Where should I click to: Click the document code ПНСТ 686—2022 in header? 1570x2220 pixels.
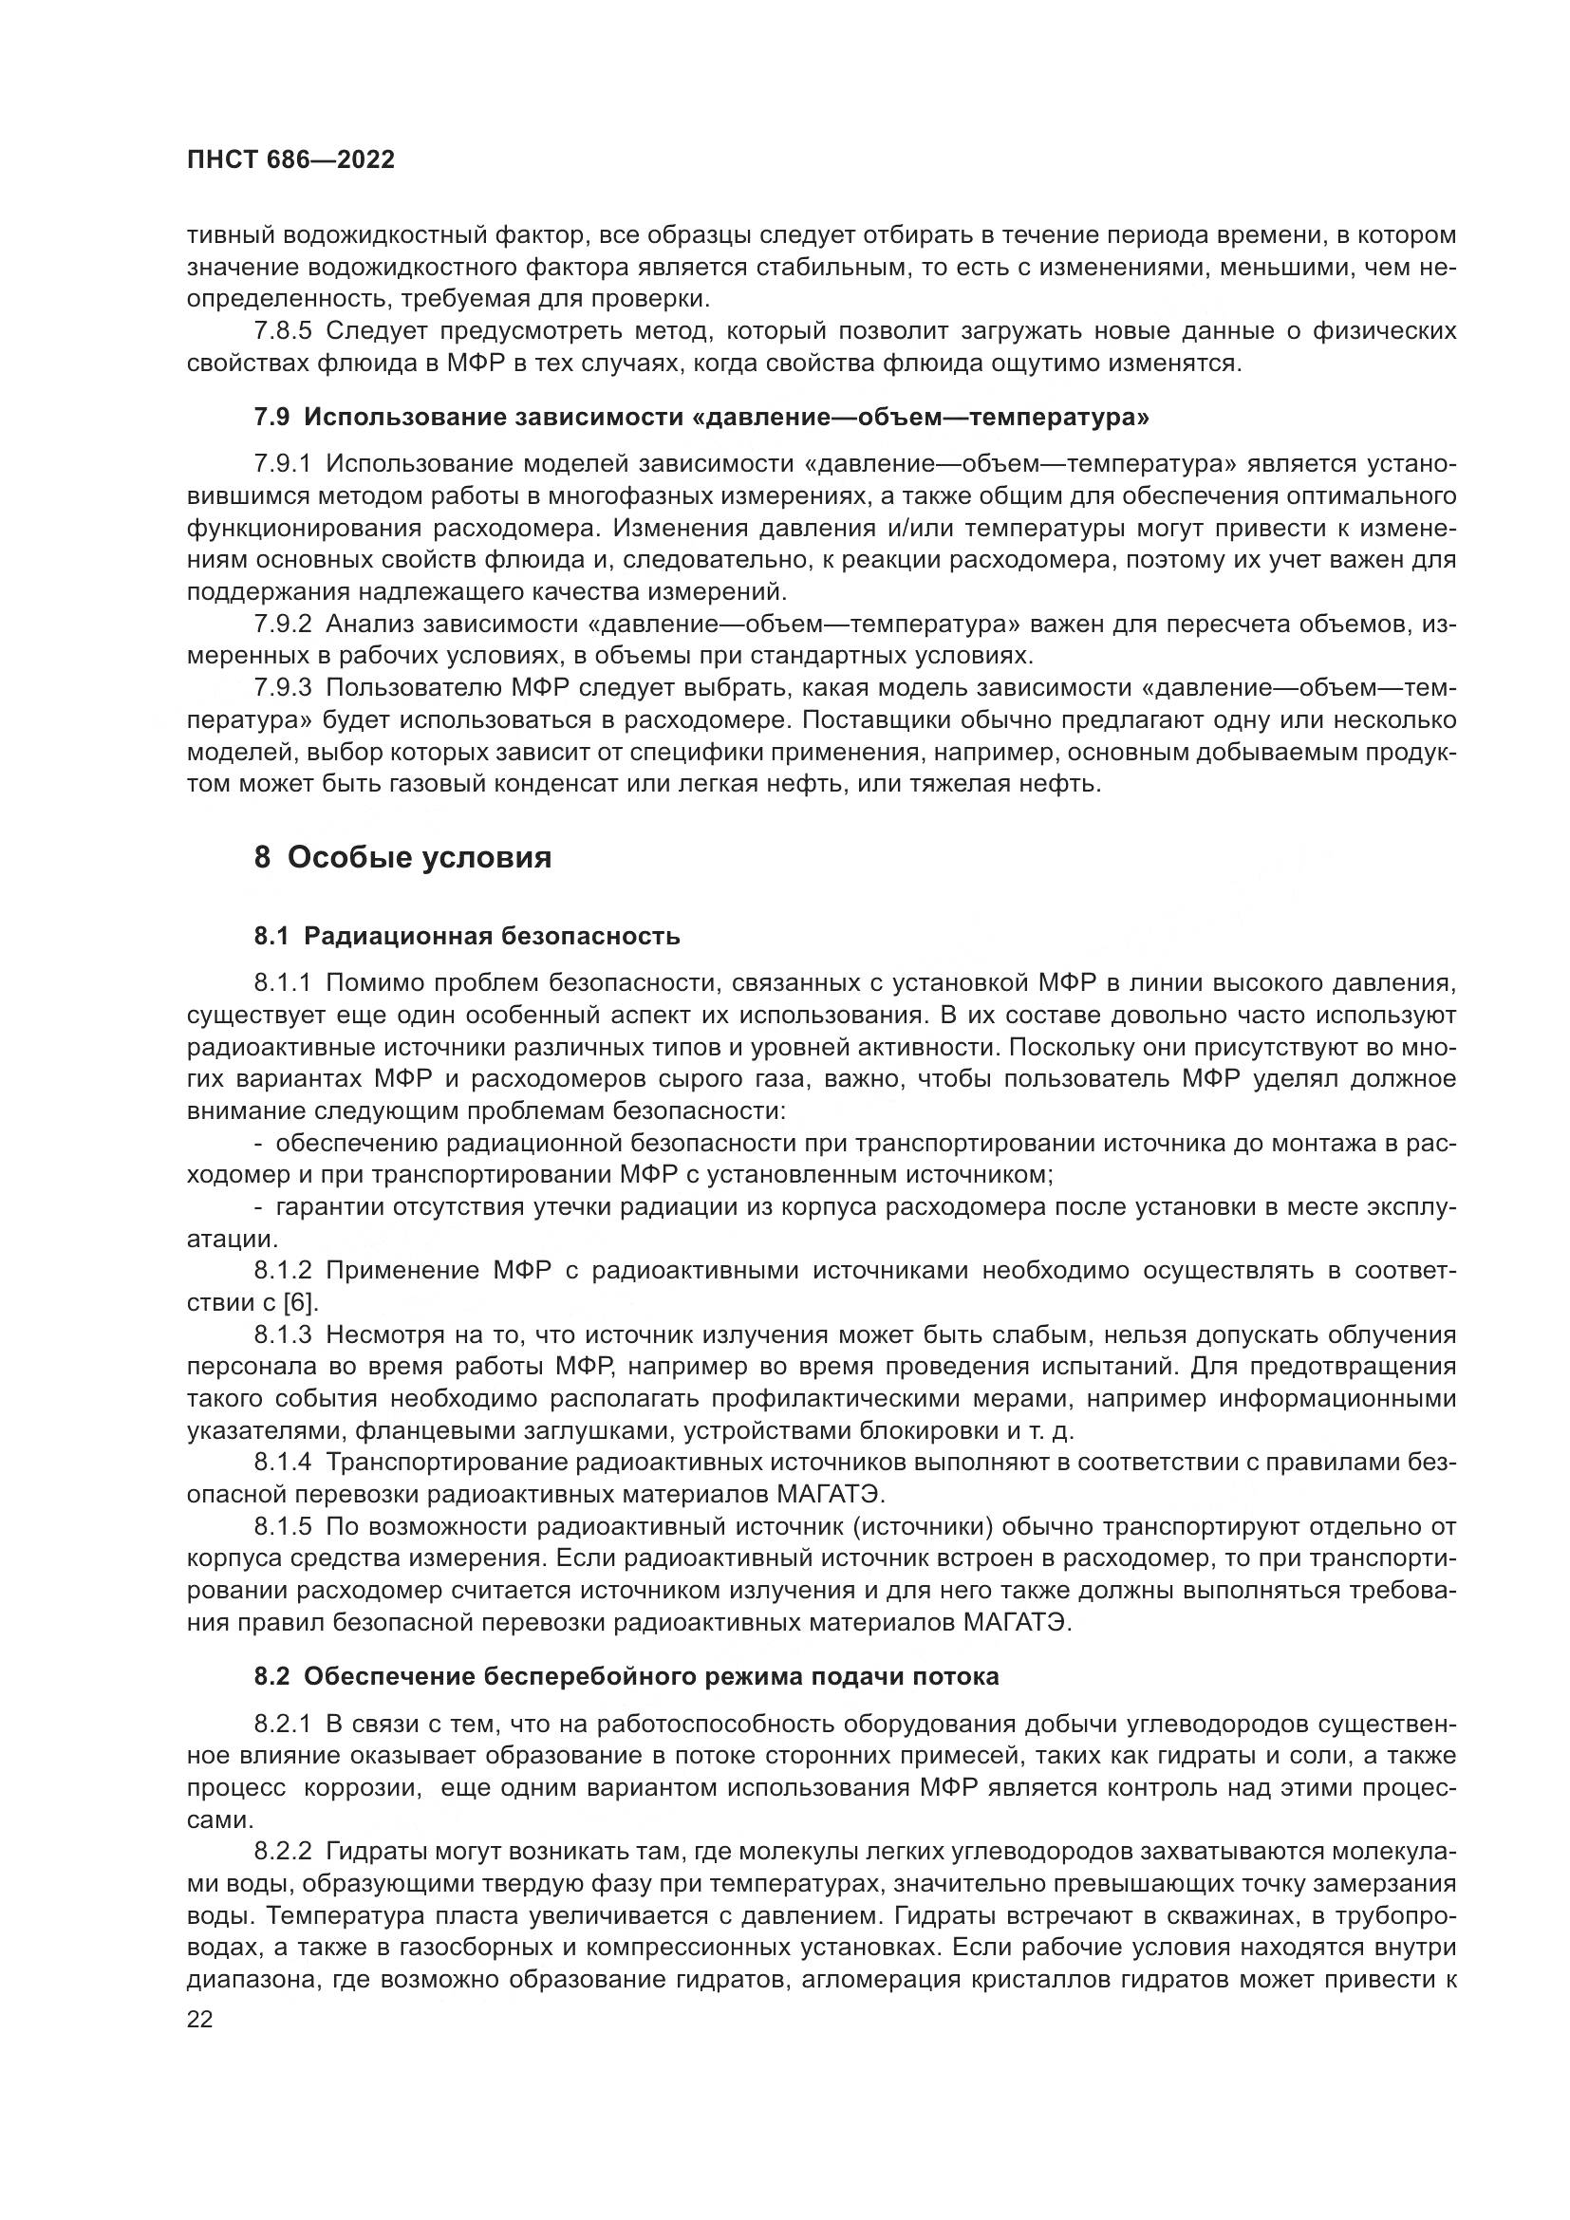pos(290,160)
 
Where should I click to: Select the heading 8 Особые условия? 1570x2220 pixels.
pos(402,858)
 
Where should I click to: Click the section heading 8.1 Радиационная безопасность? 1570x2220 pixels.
pos(467,936)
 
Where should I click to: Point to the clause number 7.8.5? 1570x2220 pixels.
pos(283,331)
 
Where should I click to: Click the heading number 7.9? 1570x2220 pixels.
pos(271,418)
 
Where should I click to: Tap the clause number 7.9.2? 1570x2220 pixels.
pos(283,624)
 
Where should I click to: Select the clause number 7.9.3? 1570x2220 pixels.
pos(283,688)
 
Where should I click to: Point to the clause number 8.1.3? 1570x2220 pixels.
pos(283,1335)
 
